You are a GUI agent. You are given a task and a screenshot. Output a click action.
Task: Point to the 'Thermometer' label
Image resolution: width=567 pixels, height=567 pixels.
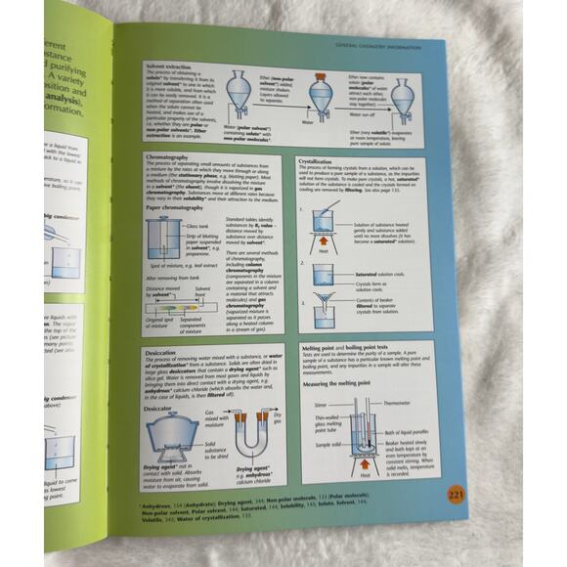(x=395, y=403)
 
